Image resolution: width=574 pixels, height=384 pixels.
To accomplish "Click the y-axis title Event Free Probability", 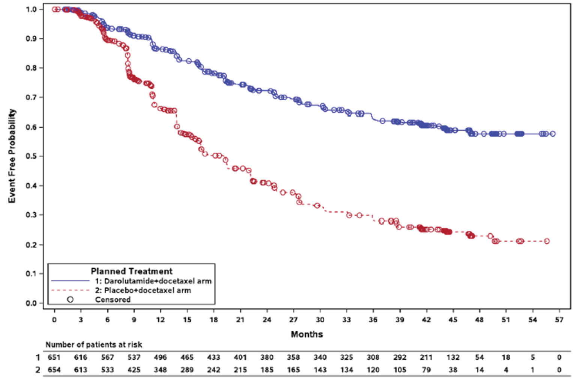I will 12,156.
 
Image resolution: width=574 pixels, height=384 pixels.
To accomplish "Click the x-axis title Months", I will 307,334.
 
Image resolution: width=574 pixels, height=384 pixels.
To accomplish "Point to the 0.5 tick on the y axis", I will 32,156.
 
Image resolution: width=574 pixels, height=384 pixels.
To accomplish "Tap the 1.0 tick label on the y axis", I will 32,9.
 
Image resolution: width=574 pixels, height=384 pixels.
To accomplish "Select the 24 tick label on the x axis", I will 267,319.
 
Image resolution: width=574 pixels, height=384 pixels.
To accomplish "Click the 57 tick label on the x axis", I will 559,319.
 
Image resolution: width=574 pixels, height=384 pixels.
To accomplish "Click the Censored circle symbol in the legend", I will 70,299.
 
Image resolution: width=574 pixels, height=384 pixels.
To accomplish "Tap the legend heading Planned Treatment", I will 131,271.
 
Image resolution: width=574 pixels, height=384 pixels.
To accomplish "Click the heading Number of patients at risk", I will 94,345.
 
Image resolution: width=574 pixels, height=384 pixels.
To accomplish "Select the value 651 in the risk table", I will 54,357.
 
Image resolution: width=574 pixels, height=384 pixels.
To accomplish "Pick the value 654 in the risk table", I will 54,370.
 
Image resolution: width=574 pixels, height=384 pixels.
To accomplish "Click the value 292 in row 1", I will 400,357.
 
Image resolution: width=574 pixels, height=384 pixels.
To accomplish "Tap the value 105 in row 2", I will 400,370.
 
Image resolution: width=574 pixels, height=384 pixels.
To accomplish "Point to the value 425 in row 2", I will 134,370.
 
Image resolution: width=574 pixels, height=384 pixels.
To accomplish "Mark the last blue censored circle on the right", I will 552,134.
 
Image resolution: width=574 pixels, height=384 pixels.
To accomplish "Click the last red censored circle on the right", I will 547,241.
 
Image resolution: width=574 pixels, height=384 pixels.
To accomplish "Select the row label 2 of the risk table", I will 38,370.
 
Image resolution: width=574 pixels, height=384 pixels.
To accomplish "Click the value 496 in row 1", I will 160,357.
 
